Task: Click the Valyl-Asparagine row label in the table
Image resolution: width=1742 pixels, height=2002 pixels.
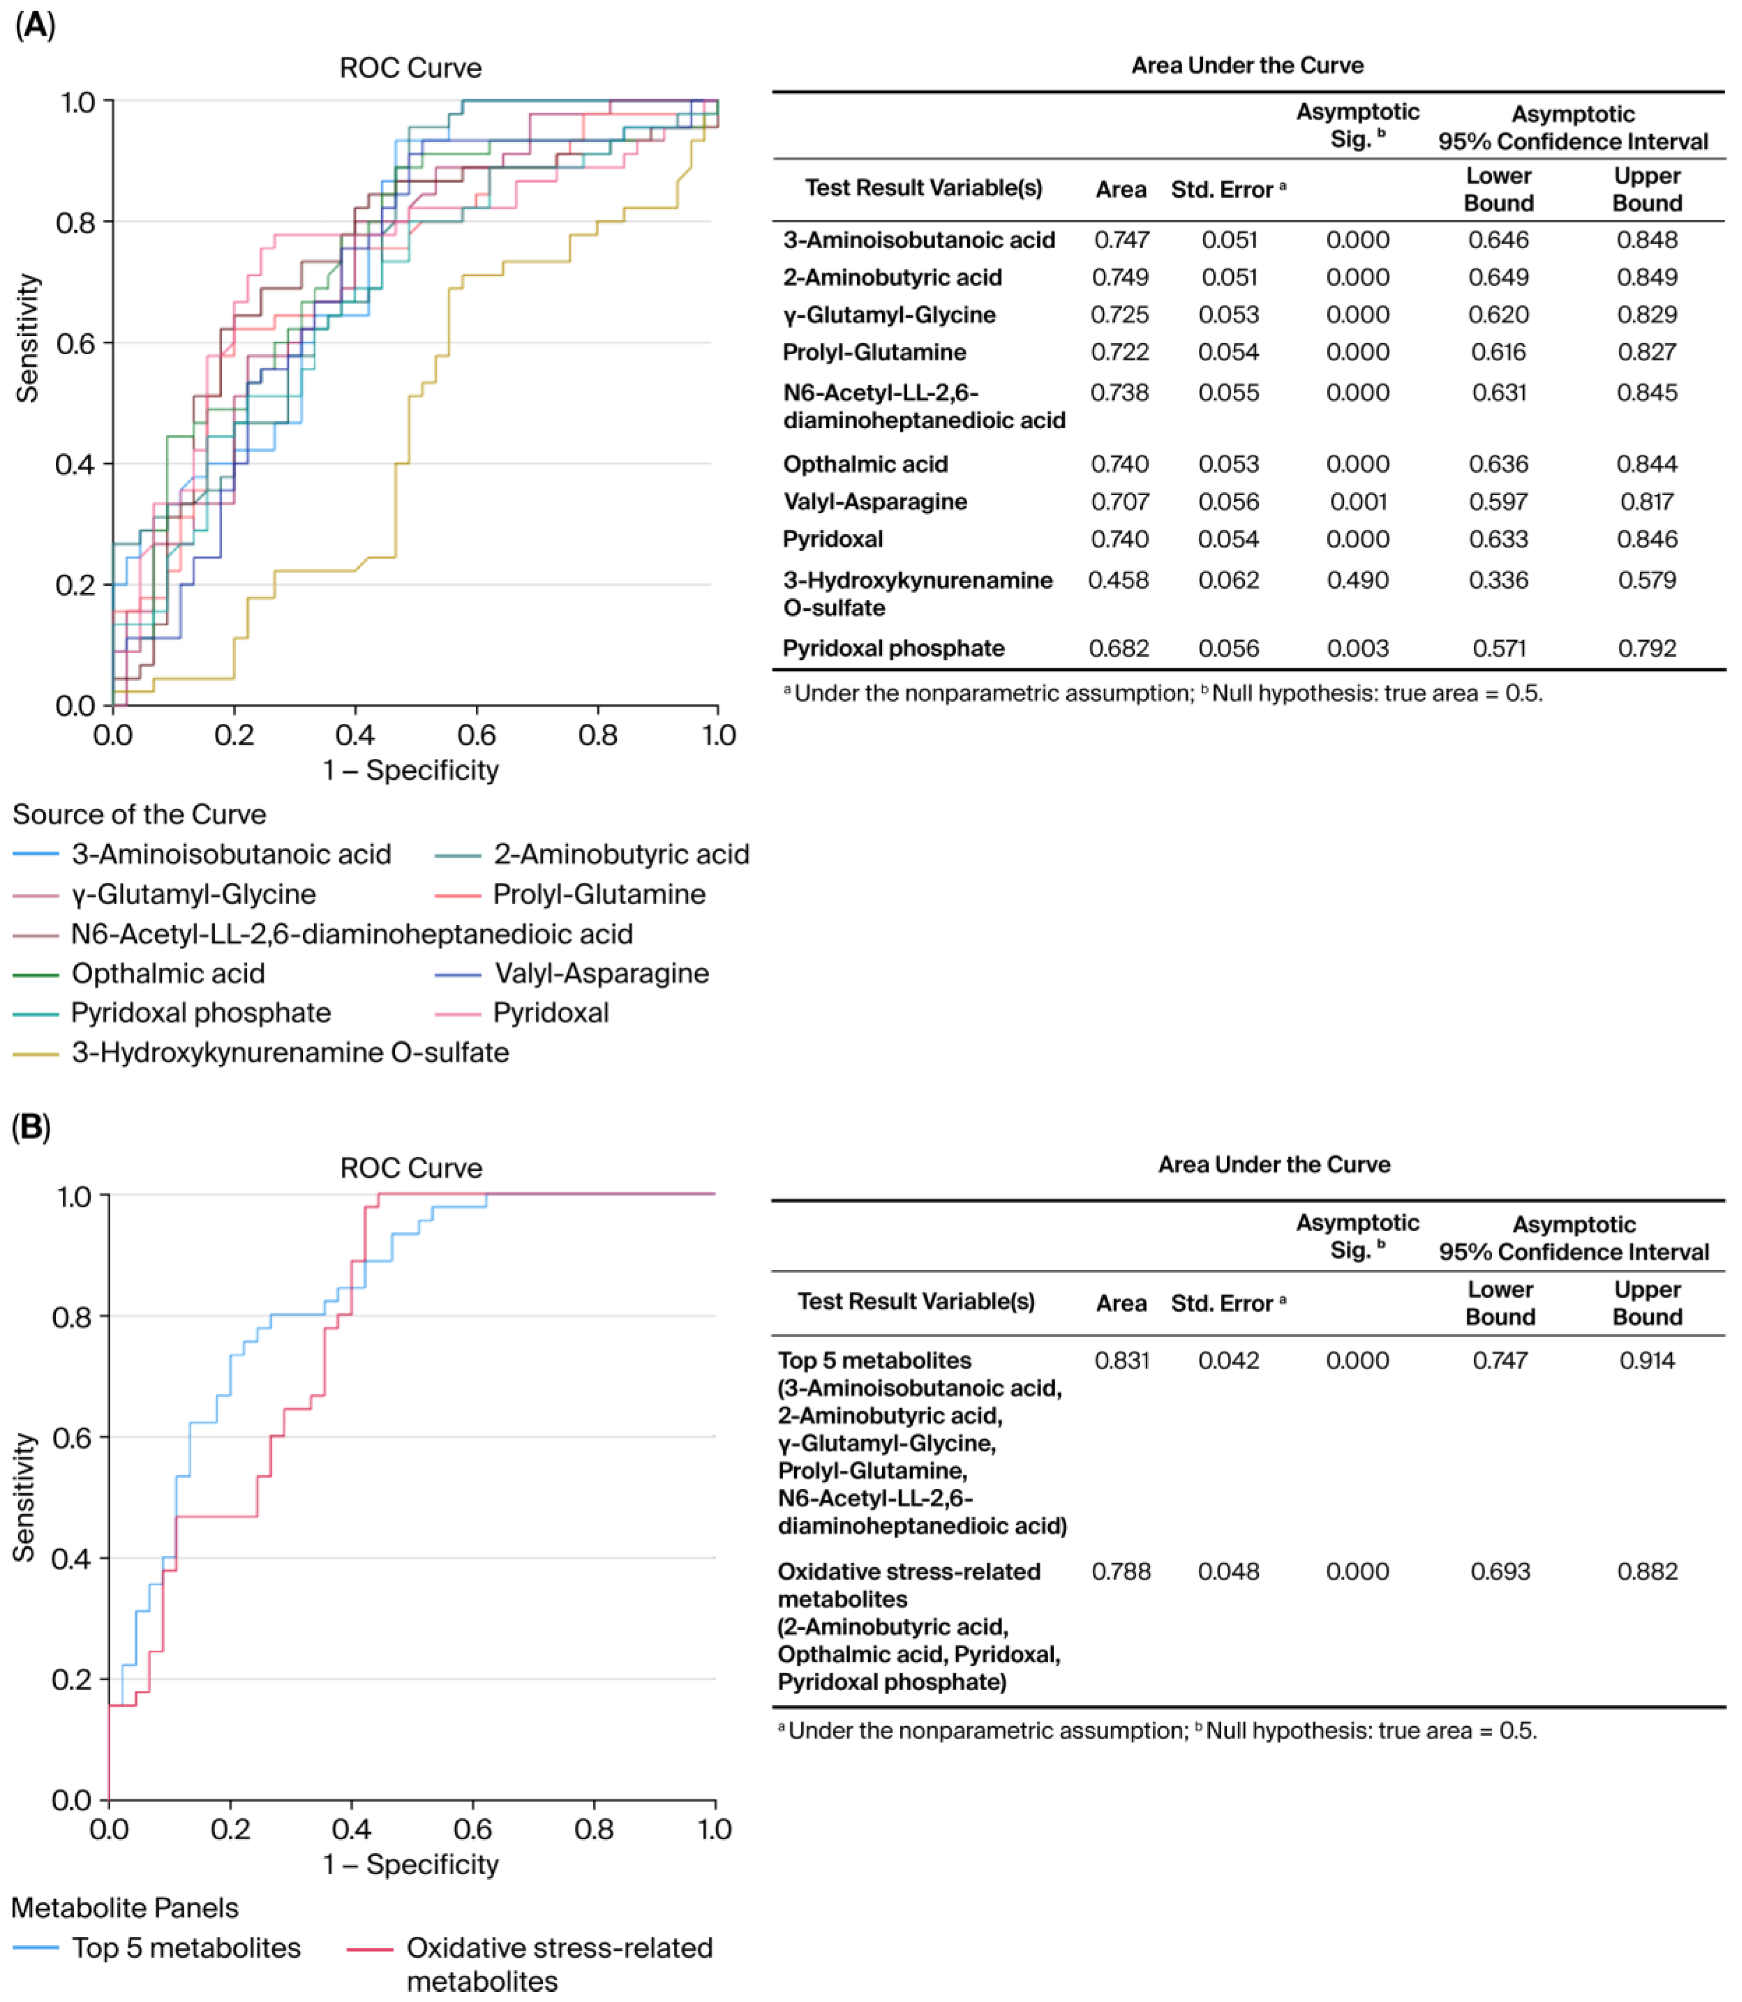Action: (875, 502)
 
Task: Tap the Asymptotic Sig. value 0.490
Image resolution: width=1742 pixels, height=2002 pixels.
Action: (1357, 580)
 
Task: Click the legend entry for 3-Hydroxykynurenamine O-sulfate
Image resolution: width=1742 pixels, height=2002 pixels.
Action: (290, 1053)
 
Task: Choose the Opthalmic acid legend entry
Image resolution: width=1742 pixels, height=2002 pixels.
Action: (167, 973)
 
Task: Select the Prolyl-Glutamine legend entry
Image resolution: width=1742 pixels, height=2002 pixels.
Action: (599, 894)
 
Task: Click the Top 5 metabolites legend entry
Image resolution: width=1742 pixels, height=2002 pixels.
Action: (186, 1948)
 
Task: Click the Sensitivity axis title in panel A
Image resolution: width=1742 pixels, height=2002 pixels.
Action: (27, 338)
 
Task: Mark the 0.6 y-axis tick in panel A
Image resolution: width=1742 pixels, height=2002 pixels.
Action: (76, 343)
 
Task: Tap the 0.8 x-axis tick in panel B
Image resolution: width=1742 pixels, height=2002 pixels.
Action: (594, 1829)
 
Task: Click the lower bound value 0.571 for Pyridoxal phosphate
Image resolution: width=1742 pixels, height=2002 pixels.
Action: (1499, 648)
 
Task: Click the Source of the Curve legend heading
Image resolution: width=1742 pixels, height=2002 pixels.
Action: (139, 815)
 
